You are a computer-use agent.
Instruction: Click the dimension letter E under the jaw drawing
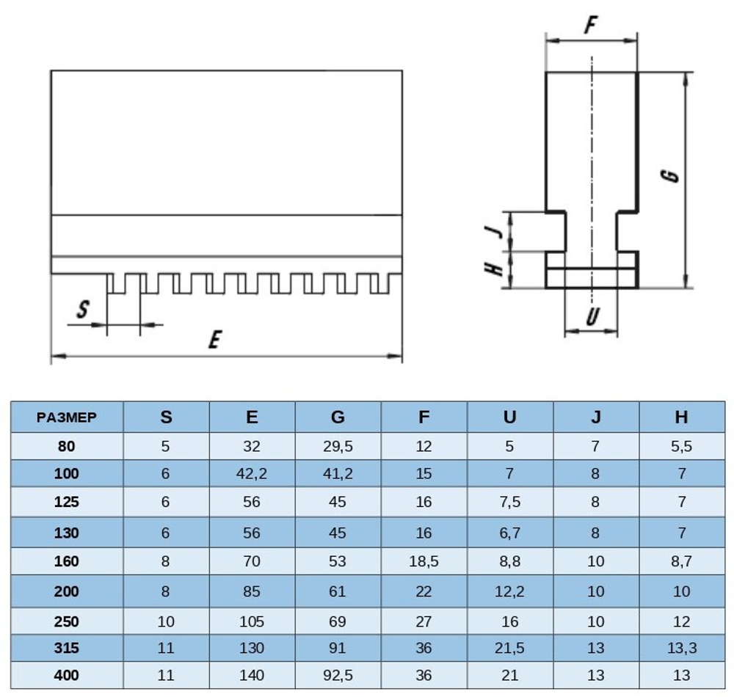tap(215, 340)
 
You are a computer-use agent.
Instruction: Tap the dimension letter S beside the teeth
tap(83, 310)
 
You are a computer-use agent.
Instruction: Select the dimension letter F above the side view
tap(589, 26)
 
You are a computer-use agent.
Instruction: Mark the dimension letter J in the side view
tap(497, 230)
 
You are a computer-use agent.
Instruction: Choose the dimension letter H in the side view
tap(497, 269)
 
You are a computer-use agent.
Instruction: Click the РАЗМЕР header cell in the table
tap(67, 417)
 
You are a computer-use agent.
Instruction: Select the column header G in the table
tap(338, 417)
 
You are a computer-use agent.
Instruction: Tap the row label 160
tap(66, 562)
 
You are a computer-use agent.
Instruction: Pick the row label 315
tap(66, 649)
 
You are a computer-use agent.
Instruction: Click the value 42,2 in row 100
tap(252, 474)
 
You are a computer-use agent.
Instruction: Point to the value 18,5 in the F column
tap(424, 562)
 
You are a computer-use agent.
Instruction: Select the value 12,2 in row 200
tap(509, 591)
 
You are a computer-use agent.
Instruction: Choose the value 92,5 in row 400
tap(338, 676)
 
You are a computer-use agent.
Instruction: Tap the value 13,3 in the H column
tap(681, 649)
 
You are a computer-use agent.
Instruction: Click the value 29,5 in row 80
tap(338, 446)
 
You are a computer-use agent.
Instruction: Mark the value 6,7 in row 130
tap(509, 533)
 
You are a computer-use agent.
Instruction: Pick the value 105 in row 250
tap(252, 621)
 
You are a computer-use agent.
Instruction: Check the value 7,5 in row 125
tap(509, 503)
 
